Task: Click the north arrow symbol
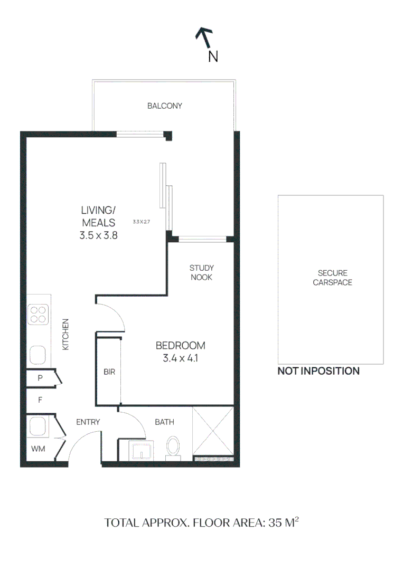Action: pyautogui.click(x=204, y=38)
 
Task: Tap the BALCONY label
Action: pyautogui.click(x=165, y=106)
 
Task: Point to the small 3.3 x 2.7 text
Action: pyautogui.click(x=142, y=222)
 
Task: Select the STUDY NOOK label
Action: pyautogui.click(x=201, y=272)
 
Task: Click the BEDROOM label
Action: pyautogui.click(x=180, y=346)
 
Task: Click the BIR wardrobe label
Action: pyautogui.click(x=109, y=372)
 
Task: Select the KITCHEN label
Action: pyautogui.click(x=65, y=334)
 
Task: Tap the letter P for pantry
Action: pyautogui.click(x=40, y=378)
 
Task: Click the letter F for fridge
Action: pyautogui.click(x=40, y=400)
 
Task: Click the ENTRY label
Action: pyautogui.click(x=88, y=422)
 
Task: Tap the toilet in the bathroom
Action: pyautogui.click(x=173, y=446)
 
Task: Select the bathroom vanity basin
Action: pyautogui.click(x=142, y=451)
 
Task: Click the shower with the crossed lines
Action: pyautogui.click(x=213, y=432)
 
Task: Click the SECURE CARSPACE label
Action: pyautogui.click(x=332, y=278)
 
